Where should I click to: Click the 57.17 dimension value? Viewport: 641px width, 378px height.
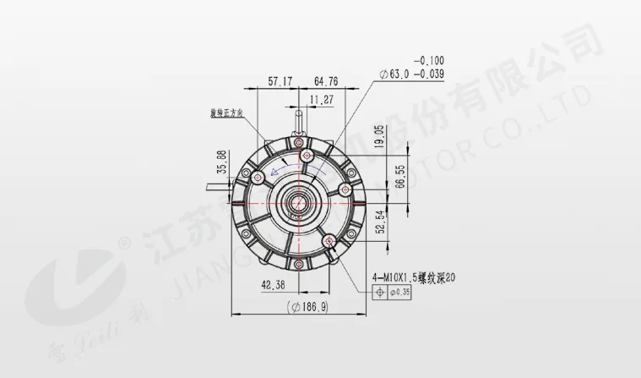(280, 82)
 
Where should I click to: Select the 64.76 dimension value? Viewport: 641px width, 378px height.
(326, 82)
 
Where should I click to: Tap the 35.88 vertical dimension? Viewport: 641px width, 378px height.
(222, 162)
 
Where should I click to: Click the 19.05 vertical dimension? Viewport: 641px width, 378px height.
(380, 135)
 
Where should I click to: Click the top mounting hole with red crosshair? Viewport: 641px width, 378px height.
(309, 156)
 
